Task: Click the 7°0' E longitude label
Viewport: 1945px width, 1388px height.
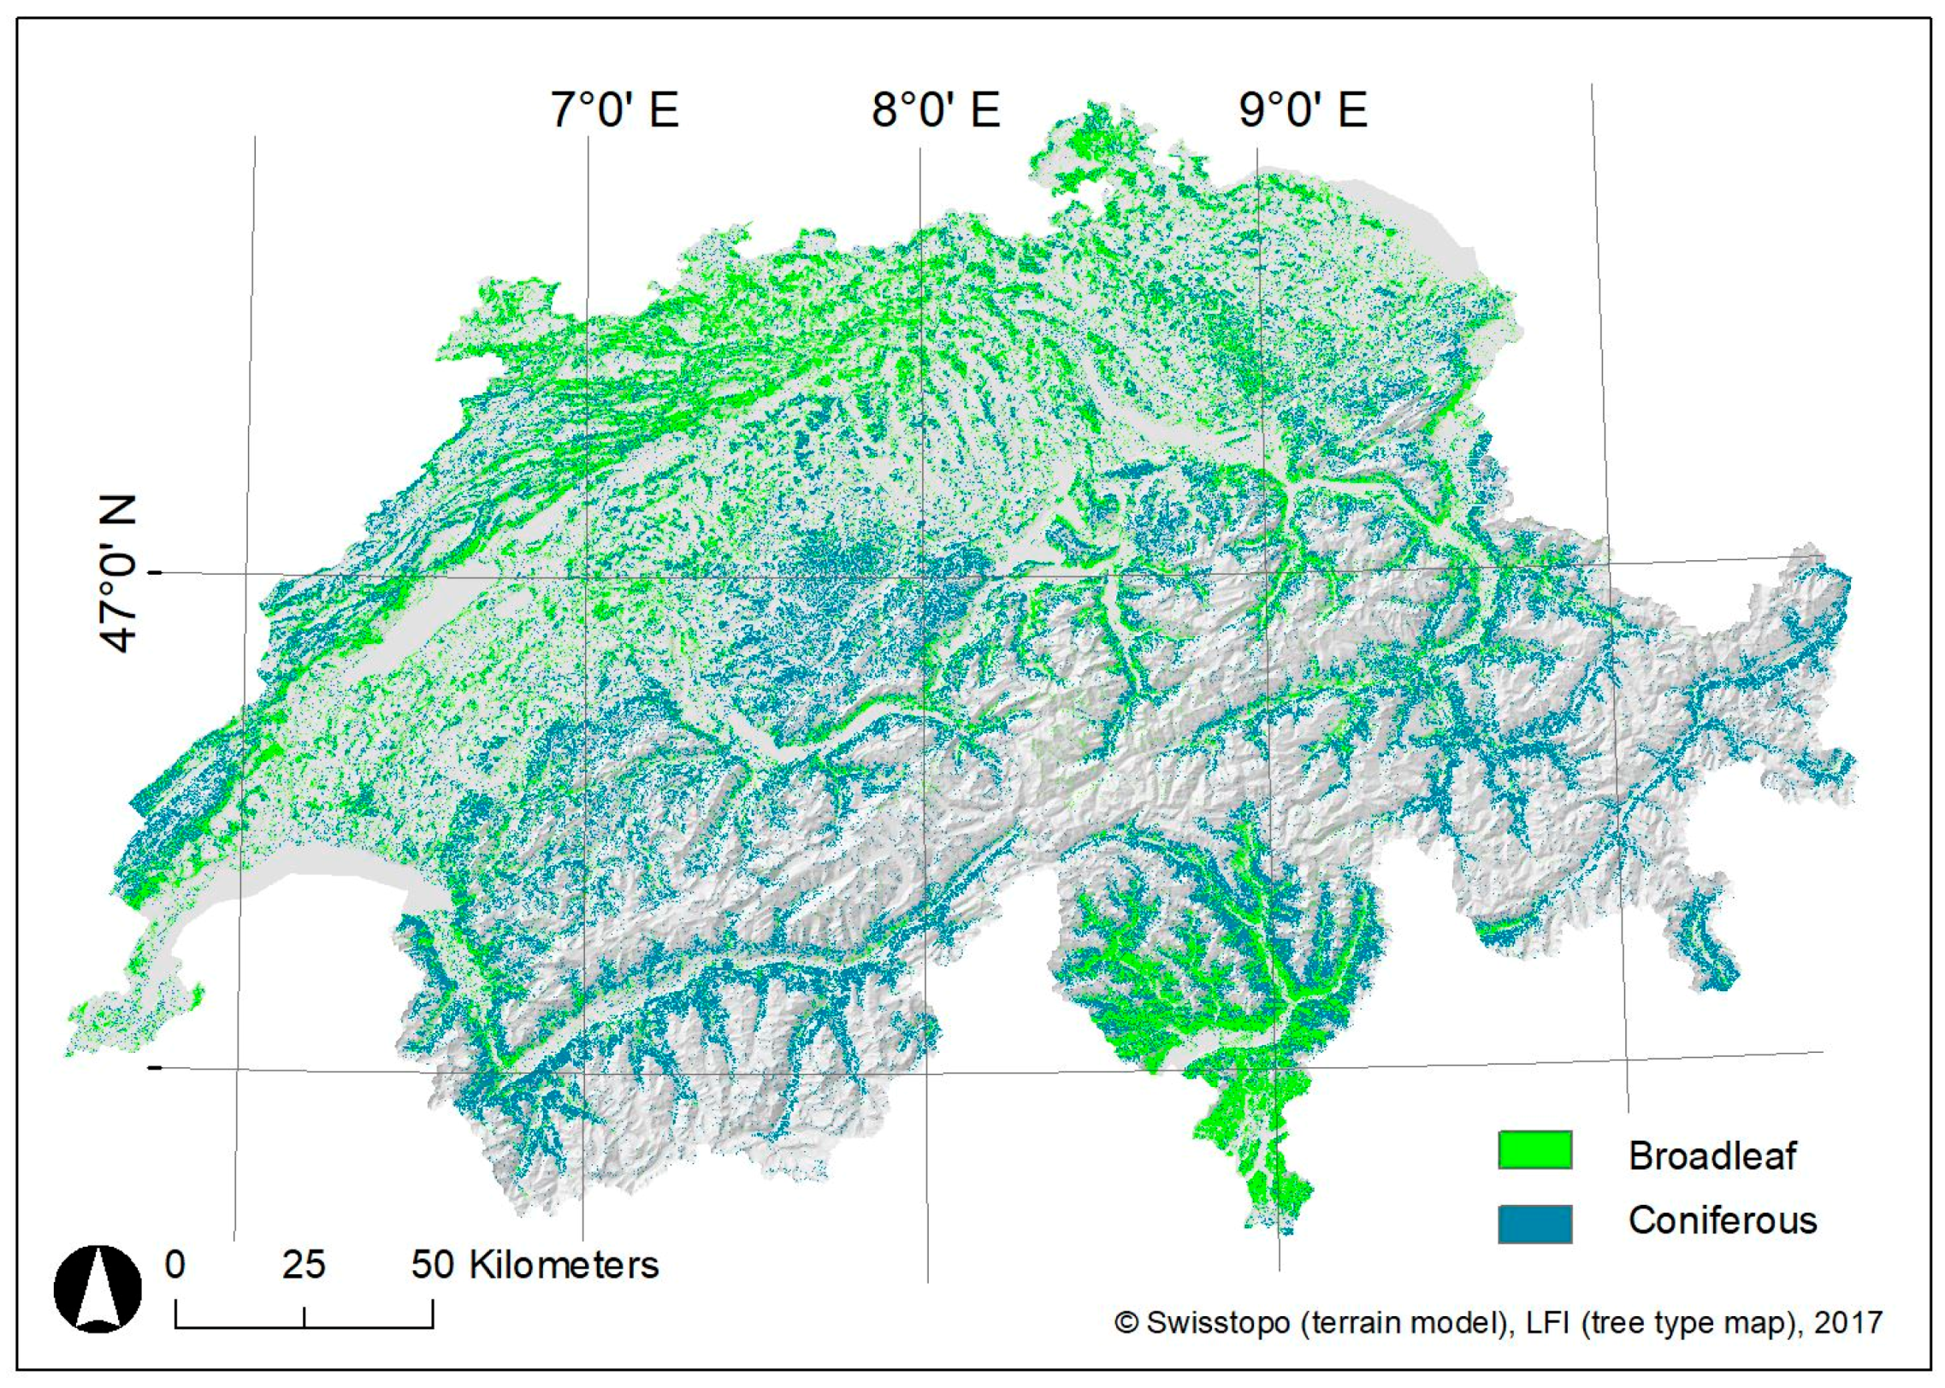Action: point(614,110)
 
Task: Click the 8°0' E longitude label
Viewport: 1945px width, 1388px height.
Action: point(936,110)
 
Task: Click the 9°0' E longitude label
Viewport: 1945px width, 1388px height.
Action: point(1303,110)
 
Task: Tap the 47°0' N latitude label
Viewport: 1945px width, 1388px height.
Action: point(118,574)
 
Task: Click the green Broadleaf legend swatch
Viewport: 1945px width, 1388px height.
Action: point(1534,1149)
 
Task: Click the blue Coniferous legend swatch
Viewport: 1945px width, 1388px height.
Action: point(1534,1223)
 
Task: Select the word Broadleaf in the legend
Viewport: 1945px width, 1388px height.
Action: point(1711,1155)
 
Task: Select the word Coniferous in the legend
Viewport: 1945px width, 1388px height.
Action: point(1722,1220)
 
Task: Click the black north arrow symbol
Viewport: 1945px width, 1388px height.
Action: point(98,1289)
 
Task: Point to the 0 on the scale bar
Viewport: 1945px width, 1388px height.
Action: point(175,1264)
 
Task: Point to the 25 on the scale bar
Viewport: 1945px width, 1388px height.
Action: point(304,1264)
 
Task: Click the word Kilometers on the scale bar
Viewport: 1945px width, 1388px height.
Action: point(564,1265)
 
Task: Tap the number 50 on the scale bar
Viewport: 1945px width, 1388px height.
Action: point(432,1264)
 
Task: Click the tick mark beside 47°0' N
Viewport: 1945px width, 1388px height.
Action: point(155,572)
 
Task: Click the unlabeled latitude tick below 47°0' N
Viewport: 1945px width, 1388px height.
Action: point(155,1067)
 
